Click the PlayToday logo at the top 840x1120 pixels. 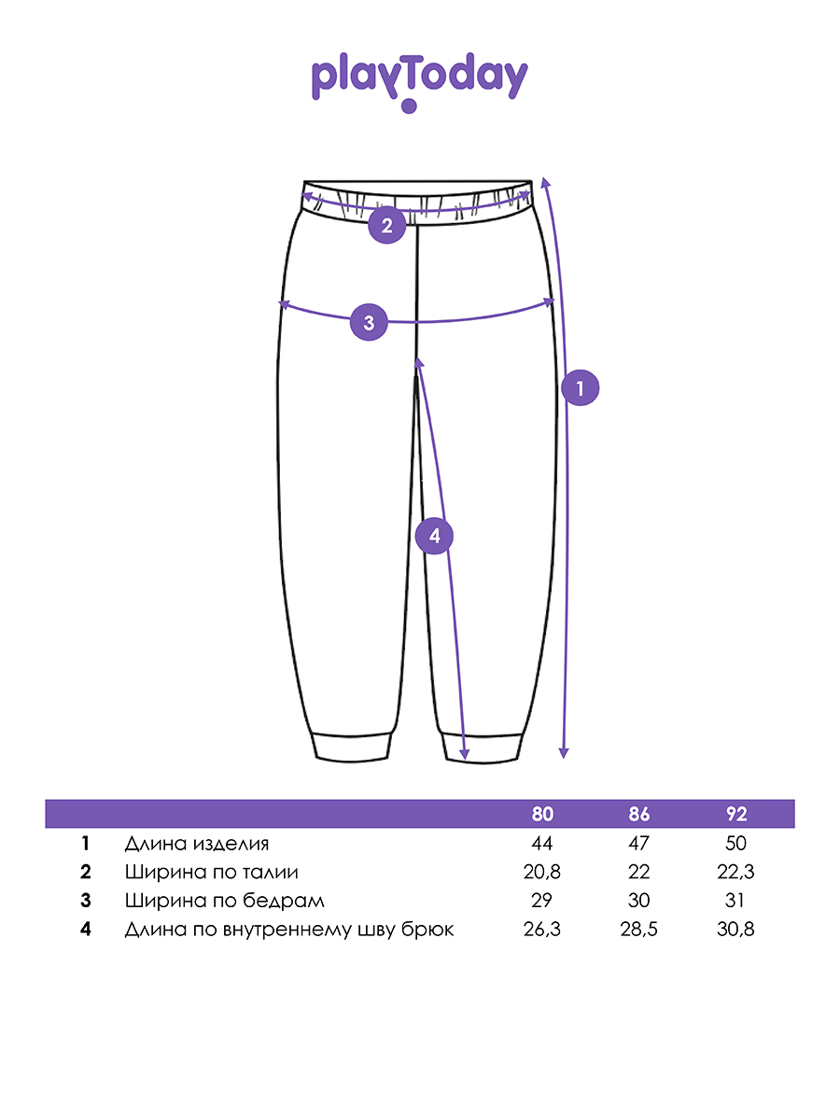pos(419,80)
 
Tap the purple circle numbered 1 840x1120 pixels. pos(580,388)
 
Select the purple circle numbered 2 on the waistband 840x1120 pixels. pos(386,225)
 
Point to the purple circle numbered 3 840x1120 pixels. pos(369,323)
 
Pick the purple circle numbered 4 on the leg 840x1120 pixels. pos(434,536)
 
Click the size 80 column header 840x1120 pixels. pos(542,814)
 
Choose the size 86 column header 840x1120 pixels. pos(639,814)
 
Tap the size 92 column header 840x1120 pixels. pos(736,814)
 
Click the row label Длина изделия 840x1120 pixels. pos(197,844)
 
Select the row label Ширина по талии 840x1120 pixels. pos(212,873)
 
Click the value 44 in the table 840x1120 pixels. pos(541,844)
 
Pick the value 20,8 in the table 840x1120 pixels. pos(542,873)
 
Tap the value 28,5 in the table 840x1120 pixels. pos(639,931)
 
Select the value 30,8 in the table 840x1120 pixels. pos(736,931)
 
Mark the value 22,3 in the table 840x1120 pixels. pos(736,873)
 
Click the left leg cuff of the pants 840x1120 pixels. pos(350,747)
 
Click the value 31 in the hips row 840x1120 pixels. pos(736,902)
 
